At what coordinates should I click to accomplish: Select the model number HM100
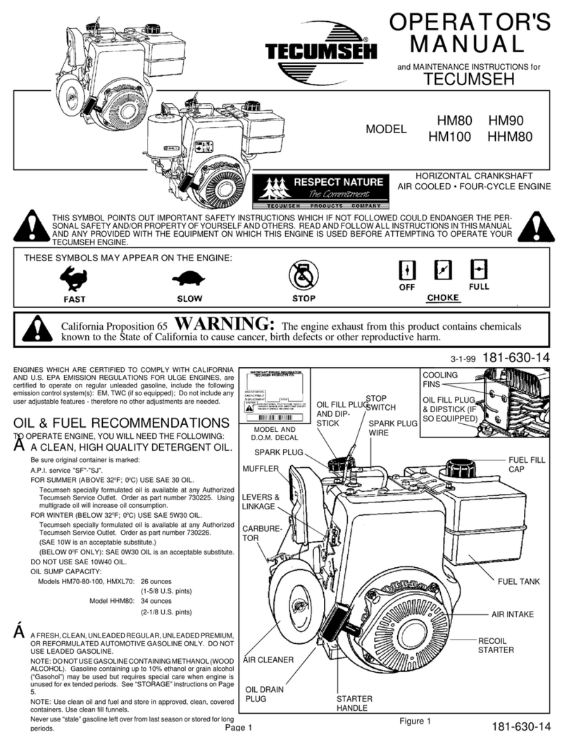click(451, 139)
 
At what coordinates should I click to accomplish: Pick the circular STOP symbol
click(304, 275)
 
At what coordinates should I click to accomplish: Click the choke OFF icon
click(407, 271)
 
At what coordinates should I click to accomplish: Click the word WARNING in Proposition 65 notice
click(223, 324)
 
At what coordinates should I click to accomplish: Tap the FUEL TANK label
click(518, 581)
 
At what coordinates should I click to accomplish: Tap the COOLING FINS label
click(440, 380)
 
